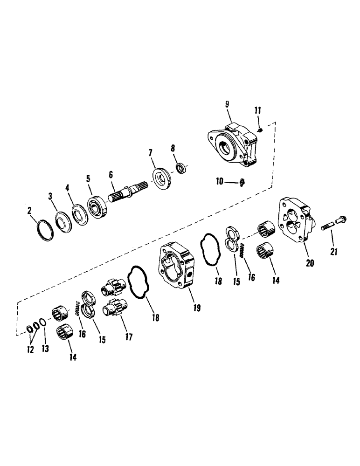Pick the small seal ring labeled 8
click(x=181, y=168)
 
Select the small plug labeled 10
click(x=242, y=183)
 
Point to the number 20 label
click(x=310, y=263)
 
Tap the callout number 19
click(x=197, y=308)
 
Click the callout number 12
click(x=30, y=349)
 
